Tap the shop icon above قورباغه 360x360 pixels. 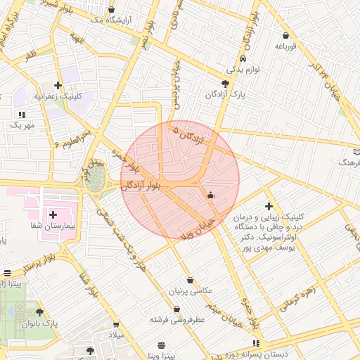coord(285,36)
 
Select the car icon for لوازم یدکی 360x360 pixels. coord(243,59)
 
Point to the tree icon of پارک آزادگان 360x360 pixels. coord(225,83)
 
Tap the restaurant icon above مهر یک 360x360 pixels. coord(22,113)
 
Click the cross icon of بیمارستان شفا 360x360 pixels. coord(53,213)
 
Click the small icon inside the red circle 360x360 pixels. coord(210,195)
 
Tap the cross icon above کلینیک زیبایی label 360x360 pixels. coord(269,205)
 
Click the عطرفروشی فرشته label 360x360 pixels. coord(176,319)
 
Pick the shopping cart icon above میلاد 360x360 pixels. coord(116,325)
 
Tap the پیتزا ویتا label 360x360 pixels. coord(162,355)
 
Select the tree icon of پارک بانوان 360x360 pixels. coord(39,312)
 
